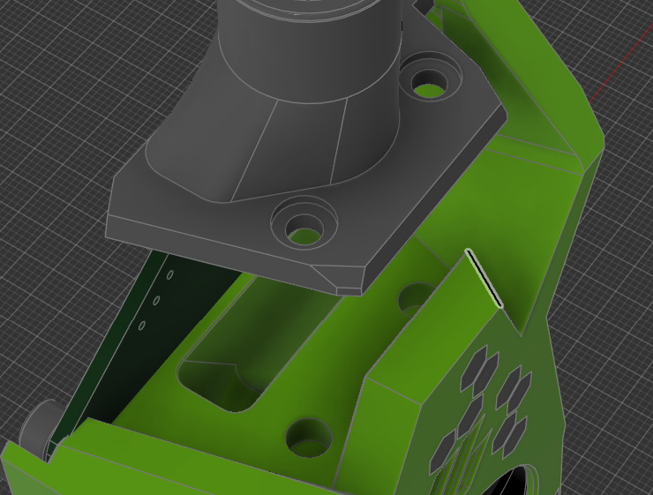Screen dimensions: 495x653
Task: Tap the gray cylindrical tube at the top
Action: point(309,35)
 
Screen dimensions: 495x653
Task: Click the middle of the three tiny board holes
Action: point(156,301)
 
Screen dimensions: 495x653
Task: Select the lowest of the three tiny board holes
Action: point(142,326)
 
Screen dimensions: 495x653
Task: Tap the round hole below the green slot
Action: point(309,437)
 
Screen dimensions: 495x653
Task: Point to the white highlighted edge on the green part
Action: point(484,279)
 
